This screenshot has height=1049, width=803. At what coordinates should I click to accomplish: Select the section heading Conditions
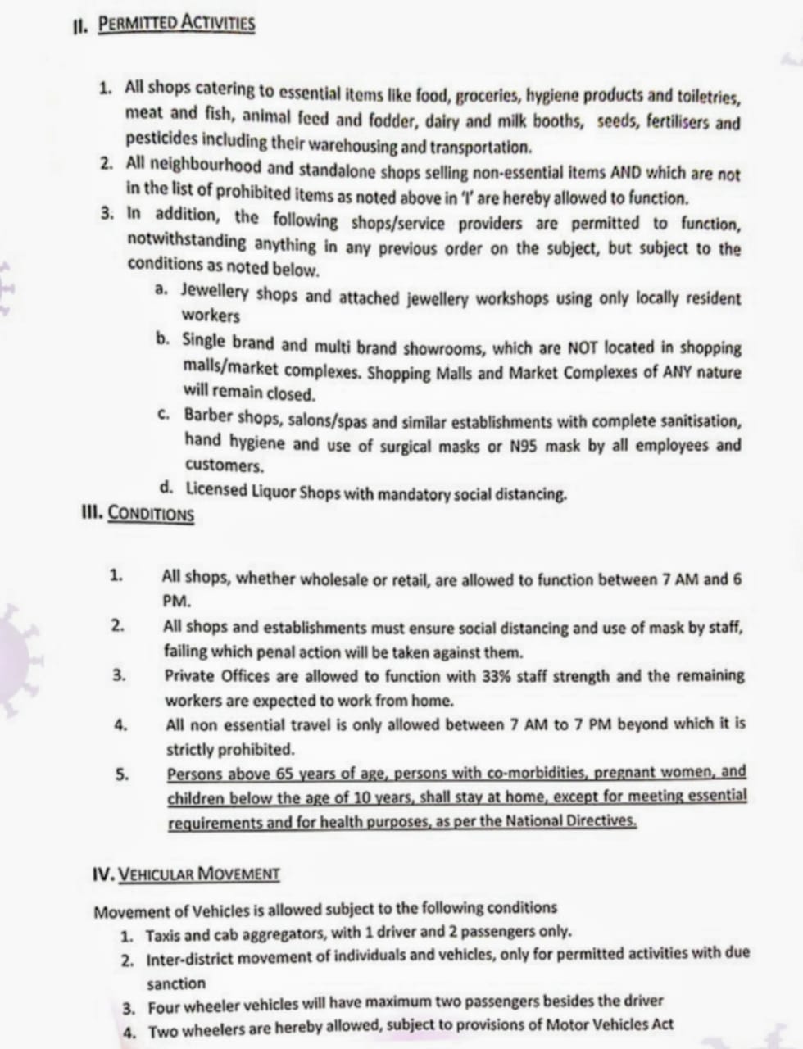(x=151, y=514)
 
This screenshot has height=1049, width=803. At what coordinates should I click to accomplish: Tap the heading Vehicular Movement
(x=199, y=873)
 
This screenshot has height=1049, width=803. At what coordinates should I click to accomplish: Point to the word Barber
(x=207, y=416)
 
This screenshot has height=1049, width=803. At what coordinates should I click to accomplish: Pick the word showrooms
(x=442, y=347)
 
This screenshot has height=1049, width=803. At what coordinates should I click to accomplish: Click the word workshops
(x=512, y=298)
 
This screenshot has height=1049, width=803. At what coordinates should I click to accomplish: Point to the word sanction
(x=176, y=983)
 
